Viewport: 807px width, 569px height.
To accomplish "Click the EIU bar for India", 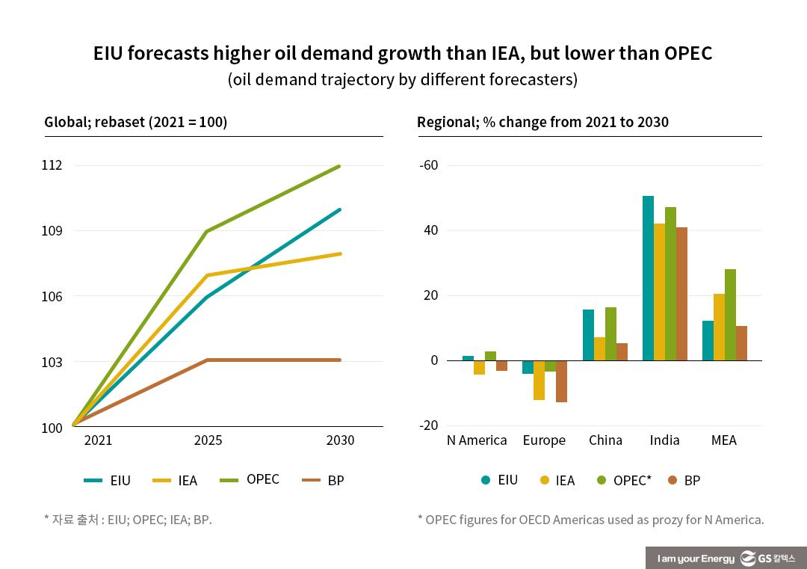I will pos(648,278).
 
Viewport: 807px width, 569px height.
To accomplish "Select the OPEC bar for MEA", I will pos(730,315).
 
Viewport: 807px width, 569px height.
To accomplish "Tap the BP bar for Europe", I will pos(561,381).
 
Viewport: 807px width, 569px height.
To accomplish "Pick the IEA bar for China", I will pos(599,349).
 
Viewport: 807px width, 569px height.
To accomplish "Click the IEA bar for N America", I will pos(479,367).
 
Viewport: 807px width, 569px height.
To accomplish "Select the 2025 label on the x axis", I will pos(208,440).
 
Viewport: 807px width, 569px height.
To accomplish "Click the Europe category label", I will pos(544,440).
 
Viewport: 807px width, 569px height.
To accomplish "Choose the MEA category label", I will pos(723,440).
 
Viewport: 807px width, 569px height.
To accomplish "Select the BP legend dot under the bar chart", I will pos(671,480).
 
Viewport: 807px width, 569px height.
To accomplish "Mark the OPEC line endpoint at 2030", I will pos(339,166).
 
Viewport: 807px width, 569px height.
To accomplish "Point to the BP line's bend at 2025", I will pos(208,360).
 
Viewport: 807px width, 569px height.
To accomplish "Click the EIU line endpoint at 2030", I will pos(339,209).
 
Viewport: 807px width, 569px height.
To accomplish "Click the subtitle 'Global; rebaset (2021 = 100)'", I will pos(135,122).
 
